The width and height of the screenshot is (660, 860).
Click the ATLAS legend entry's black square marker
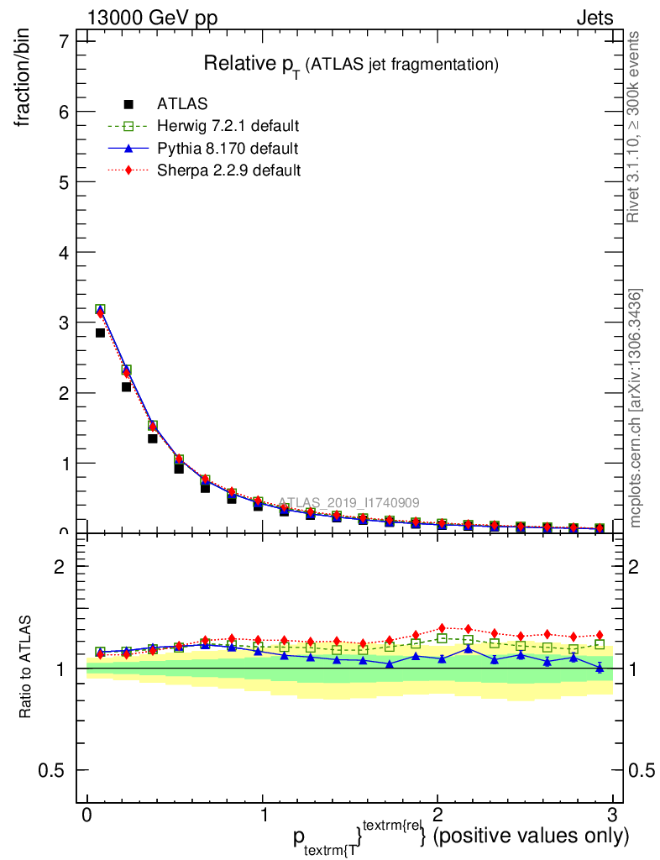(x=128, y=104)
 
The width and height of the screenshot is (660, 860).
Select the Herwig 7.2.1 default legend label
(x=228, y=126)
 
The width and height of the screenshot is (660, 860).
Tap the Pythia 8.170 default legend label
(x=227, y=149)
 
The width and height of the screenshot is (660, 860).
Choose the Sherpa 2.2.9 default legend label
(x=228, y=170)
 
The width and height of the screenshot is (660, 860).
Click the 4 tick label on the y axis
(x=63, y=252)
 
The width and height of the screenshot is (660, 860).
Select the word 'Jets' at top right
(x=594, y=18)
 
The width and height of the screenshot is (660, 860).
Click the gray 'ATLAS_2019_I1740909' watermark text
(x=348, y=502)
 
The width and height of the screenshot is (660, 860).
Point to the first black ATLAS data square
(x=100, y=333)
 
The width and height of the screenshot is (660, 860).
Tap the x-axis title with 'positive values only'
(x=460, y=836)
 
